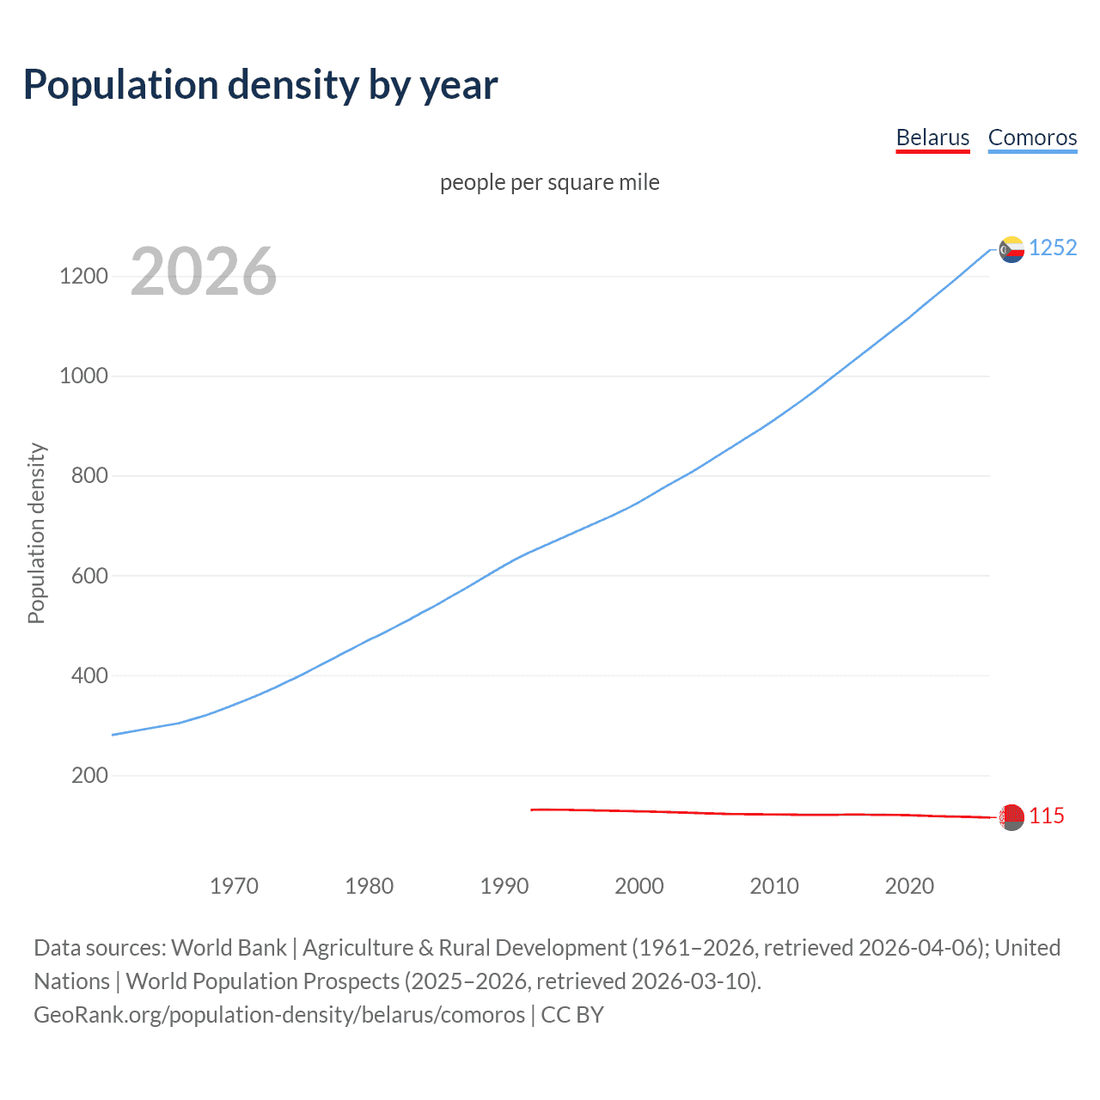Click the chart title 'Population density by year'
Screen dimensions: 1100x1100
coord(260,84)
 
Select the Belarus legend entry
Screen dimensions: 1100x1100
coord(932,137)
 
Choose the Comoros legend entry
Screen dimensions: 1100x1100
coord(1032,137)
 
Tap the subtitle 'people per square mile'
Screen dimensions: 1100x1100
coord(549,182)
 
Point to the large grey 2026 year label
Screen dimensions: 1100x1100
coord(204,272)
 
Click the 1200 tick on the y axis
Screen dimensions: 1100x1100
coord(83,276)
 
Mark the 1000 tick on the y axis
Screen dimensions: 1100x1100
coord(83,376)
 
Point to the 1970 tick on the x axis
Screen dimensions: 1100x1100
coord(234,886)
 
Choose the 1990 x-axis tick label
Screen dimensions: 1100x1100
coord(504,886)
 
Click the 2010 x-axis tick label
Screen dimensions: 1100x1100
coord(774,886)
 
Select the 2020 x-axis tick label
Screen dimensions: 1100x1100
coord(909,886)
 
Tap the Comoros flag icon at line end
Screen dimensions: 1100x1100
coord(1011,249)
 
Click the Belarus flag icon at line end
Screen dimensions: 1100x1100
coord(1011,816)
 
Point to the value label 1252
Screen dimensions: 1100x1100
coord(1053,247)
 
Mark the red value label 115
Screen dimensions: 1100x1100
coord(1047,816)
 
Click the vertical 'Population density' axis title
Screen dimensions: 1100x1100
coord(36,533)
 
